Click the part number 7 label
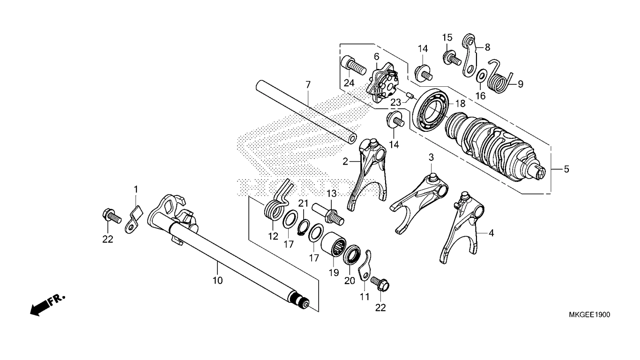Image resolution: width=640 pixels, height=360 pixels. [308, 85]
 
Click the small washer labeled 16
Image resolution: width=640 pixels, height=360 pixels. [481, 76]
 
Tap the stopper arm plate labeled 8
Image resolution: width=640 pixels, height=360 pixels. [470, 54]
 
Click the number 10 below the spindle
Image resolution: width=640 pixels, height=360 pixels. [217, 280]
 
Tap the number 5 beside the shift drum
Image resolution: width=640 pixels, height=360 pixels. [566, 169]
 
